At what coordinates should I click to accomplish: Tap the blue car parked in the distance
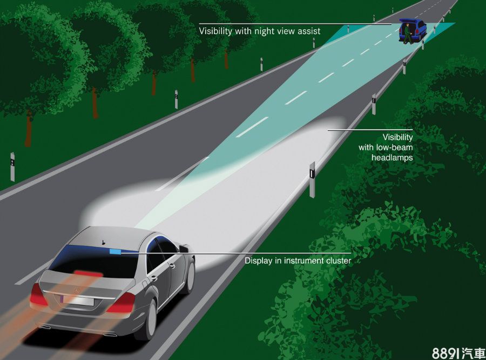click(x=414, y=30)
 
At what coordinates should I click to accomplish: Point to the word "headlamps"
click(x=392, y=157)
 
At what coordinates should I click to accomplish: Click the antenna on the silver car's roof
click(x=103, y=242)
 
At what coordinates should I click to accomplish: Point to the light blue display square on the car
click(x=115, y=251)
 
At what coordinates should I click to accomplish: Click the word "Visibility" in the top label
click(x=215, y=31)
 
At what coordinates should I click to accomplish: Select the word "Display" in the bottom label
click(x=258, y=261)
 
